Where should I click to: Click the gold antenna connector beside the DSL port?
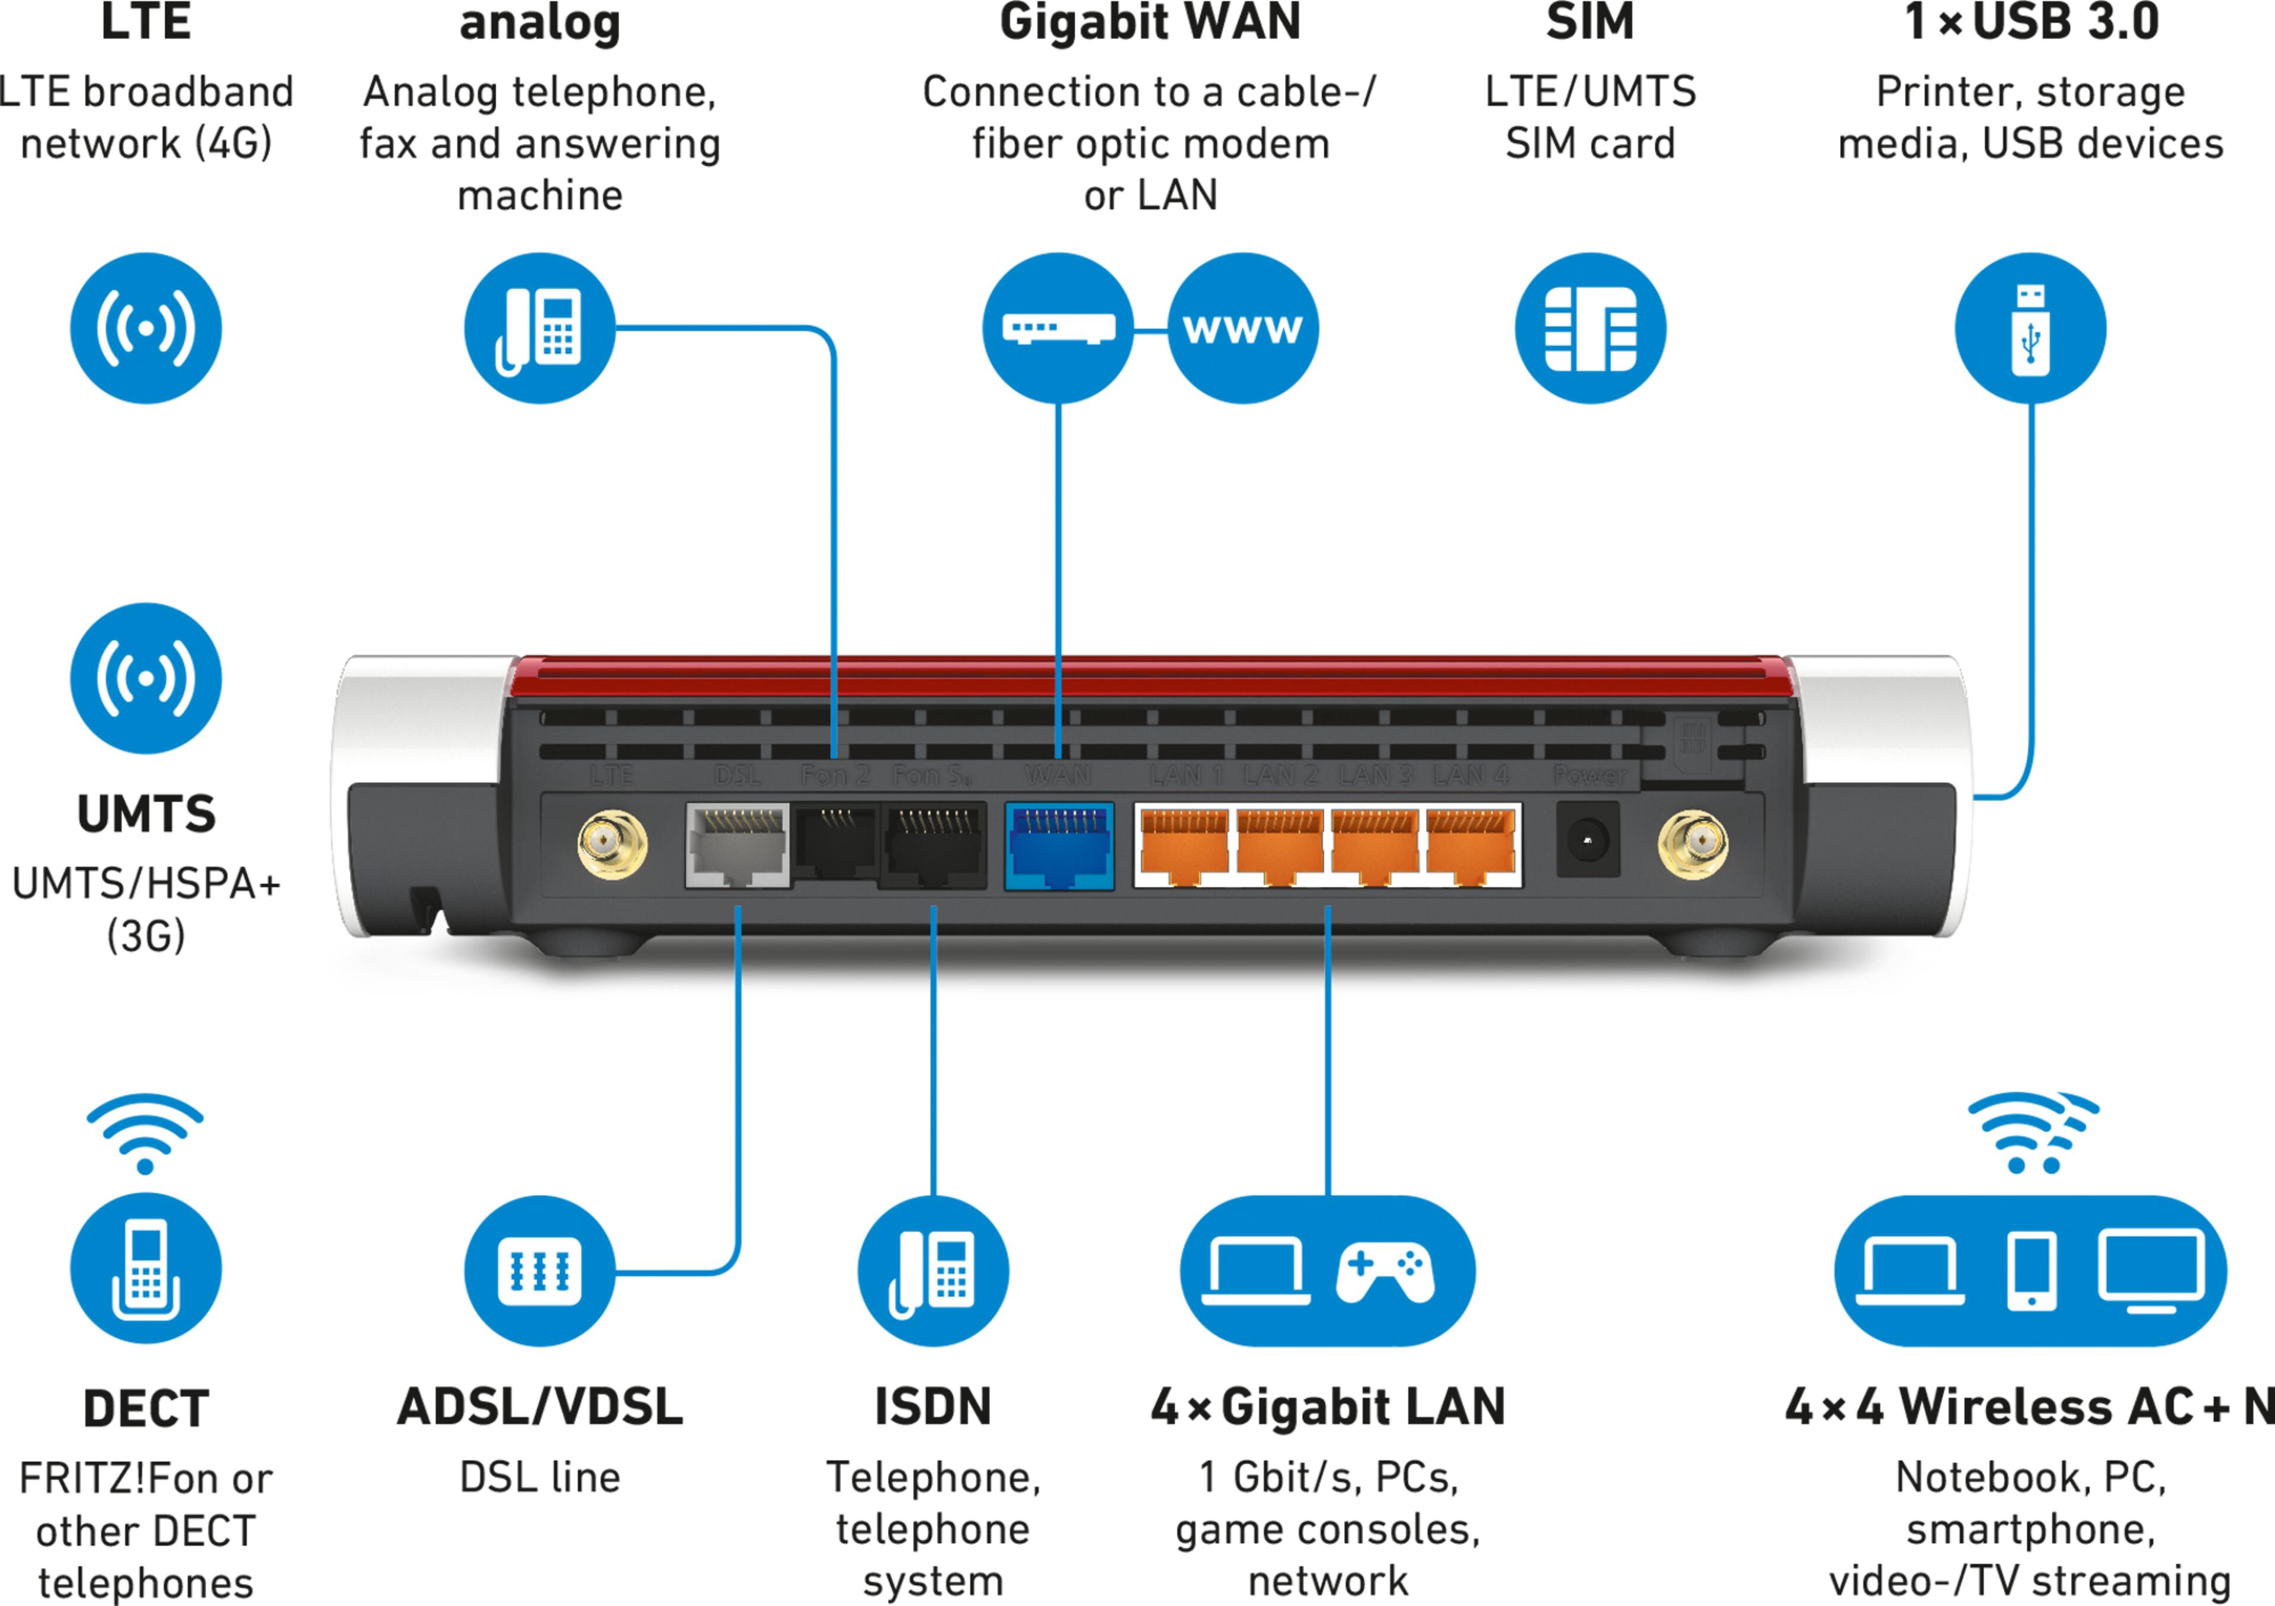613,844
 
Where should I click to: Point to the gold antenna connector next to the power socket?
1693,844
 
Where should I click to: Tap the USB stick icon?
2030,328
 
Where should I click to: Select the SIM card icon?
1590,328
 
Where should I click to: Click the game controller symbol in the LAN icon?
1384,1271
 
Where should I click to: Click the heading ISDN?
933,1407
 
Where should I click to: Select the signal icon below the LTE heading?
146,328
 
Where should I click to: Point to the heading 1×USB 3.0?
2030,22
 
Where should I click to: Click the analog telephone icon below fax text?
539,328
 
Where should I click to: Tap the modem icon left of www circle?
1058,328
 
